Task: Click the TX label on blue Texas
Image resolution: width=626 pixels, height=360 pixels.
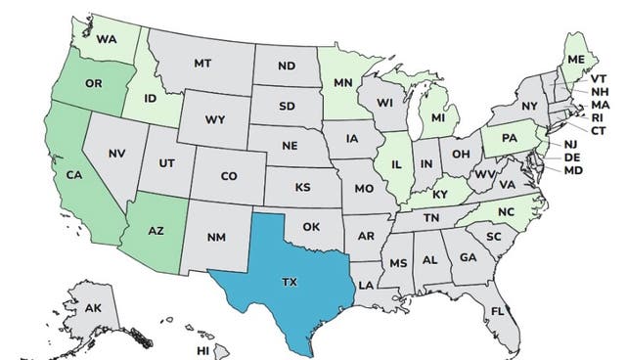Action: (x=289, y=282)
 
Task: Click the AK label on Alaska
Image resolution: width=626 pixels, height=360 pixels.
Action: (x=94, y=308)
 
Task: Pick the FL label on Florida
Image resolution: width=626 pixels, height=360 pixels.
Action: (x=497, y=312)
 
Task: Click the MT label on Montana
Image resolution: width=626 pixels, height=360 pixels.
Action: (x=202, y=64)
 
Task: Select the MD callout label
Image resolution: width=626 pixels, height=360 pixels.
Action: (x=574, y=170)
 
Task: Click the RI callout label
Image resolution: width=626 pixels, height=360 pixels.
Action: (x=597, y=115)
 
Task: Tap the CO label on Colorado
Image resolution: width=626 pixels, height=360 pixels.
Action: (x=228, y=176)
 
